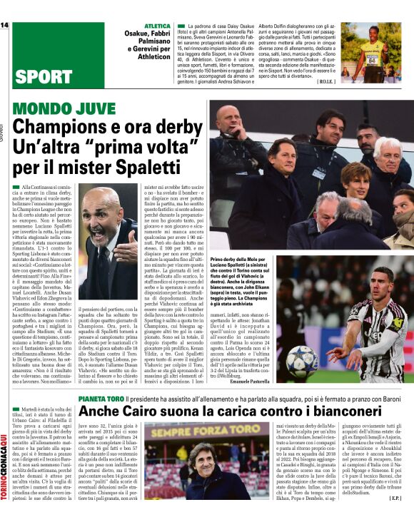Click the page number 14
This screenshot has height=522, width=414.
(4, 26)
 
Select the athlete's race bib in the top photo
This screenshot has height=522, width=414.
(371, 59)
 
